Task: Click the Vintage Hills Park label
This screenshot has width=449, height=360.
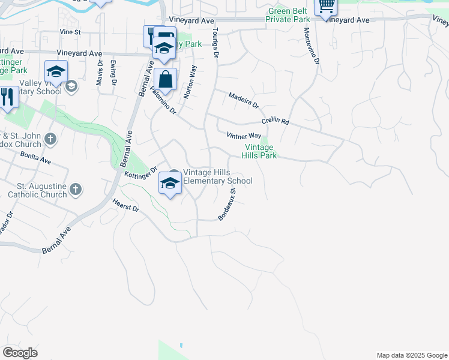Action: [259, 151]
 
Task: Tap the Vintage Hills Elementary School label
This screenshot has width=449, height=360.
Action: [217, 176]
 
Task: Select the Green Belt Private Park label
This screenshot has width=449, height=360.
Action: [289, 15]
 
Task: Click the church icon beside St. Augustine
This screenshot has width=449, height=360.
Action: [75, 190]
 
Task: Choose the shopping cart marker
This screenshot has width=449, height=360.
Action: [325, 6]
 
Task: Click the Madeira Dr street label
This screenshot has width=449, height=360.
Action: [243, 100]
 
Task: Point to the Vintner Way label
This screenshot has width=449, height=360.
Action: [244, 136]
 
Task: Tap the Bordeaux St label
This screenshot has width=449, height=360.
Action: [228, 204]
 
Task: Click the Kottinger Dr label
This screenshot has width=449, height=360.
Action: [140, 172]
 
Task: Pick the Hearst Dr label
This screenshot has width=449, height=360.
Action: [125, 205]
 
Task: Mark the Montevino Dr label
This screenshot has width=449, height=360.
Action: [312, 46]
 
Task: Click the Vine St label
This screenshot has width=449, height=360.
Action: [70, 32]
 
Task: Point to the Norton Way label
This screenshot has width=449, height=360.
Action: [190, 82]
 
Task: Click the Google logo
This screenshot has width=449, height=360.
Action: [20, 352]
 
